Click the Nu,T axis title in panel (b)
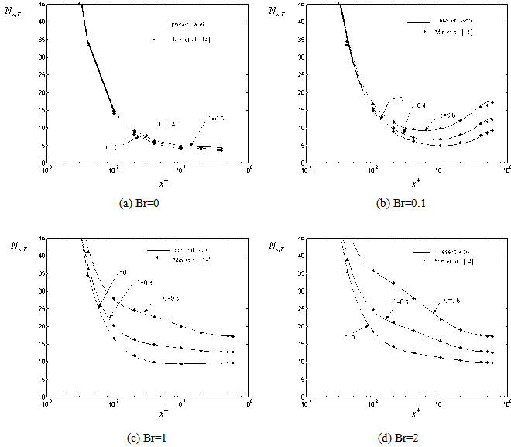point(276,12)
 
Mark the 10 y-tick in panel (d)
point(300,362)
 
